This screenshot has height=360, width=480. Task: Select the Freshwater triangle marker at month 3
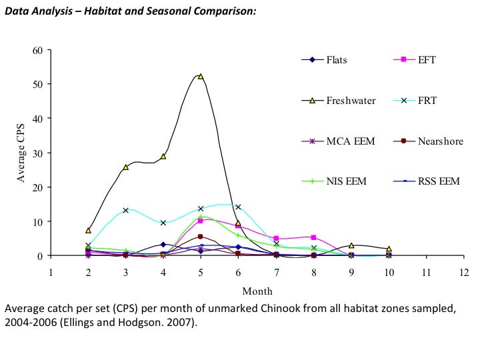(125, 167)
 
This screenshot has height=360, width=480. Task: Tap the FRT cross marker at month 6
(238, 207)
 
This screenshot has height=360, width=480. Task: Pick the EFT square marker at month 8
(313, 237)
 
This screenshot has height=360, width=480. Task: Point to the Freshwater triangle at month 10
(389, 249)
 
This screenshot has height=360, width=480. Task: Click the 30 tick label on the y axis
(37, 153)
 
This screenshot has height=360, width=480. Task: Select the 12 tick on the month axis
(464, 272)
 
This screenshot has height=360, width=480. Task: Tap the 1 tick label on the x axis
(51, 272)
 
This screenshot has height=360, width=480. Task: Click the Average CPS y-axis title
(21, 153)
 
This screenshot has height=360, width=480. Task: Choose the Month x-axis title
(257, 291)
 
